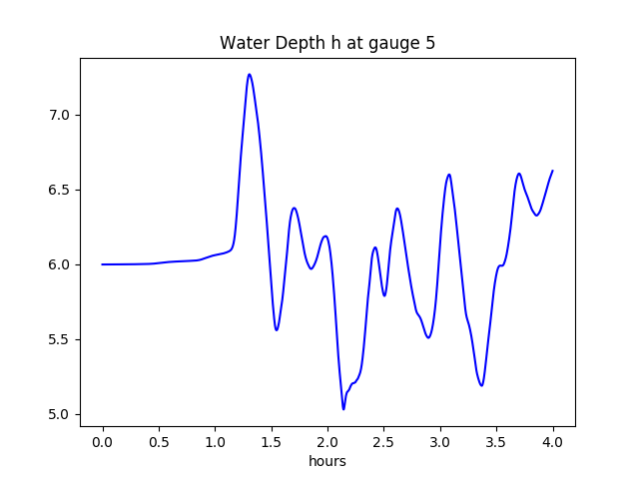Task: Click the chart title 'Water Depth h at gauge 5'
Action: [x=327, y=44]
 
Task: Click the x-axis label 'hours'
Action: [x=327, y=462]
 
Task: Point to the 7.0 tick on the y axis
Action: [x=60, y=115]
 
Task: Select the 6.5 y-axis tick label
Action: [x=60, y=190]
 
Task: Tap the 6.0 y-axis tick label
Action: [x=60, y=264]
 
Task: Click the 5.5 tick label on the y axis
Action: [x=60, y=339]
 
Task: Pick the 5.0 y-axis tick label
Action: [x=60, y=414]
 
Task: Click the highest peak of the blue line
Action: [x=250, y=74]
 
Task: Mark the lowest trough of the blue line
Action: [x=343, y=409]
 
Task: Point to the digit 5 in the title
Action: [x=430, y=44]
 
